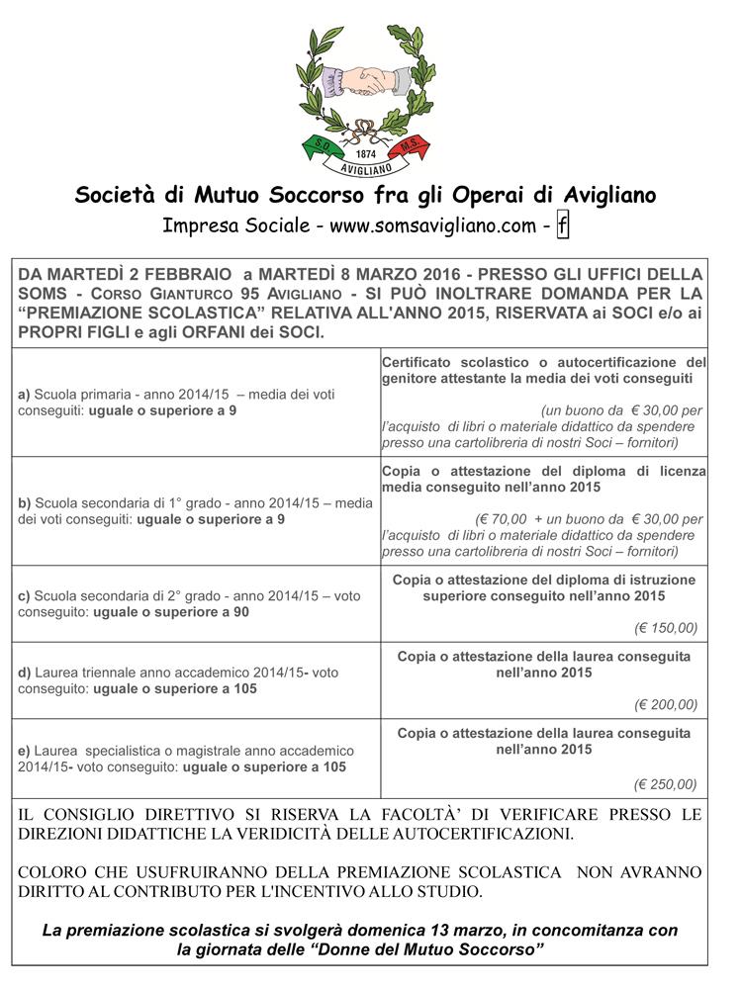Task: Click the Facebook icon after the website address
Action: (x=562, y=225)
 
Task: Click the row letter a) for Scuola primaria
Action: (x=24, y=394)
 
